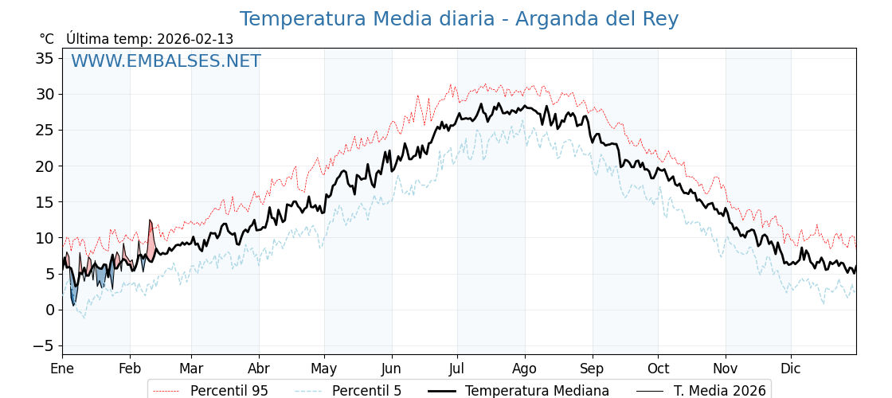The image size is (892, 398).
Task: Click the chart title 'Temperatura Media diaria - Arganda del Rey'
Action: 459,19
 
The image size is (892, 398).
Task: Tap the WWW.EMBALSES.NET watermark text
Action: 166,61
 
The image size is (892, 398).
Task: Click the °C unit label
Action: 47,39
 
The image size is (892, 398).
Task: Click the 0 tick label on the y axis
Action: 49,310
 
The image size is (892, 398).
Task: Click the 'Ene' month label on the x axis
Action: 62,369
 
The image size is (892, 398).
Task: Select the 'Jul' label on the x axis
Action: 457,369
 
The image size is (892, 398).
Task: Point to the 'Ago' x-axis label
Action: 525,369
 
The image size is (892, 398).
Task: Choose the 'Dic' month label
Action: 791,369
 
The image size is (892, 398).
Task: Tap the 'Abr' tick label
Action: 259,369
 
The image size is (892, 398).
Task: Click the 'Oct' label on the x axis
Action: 658,369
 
